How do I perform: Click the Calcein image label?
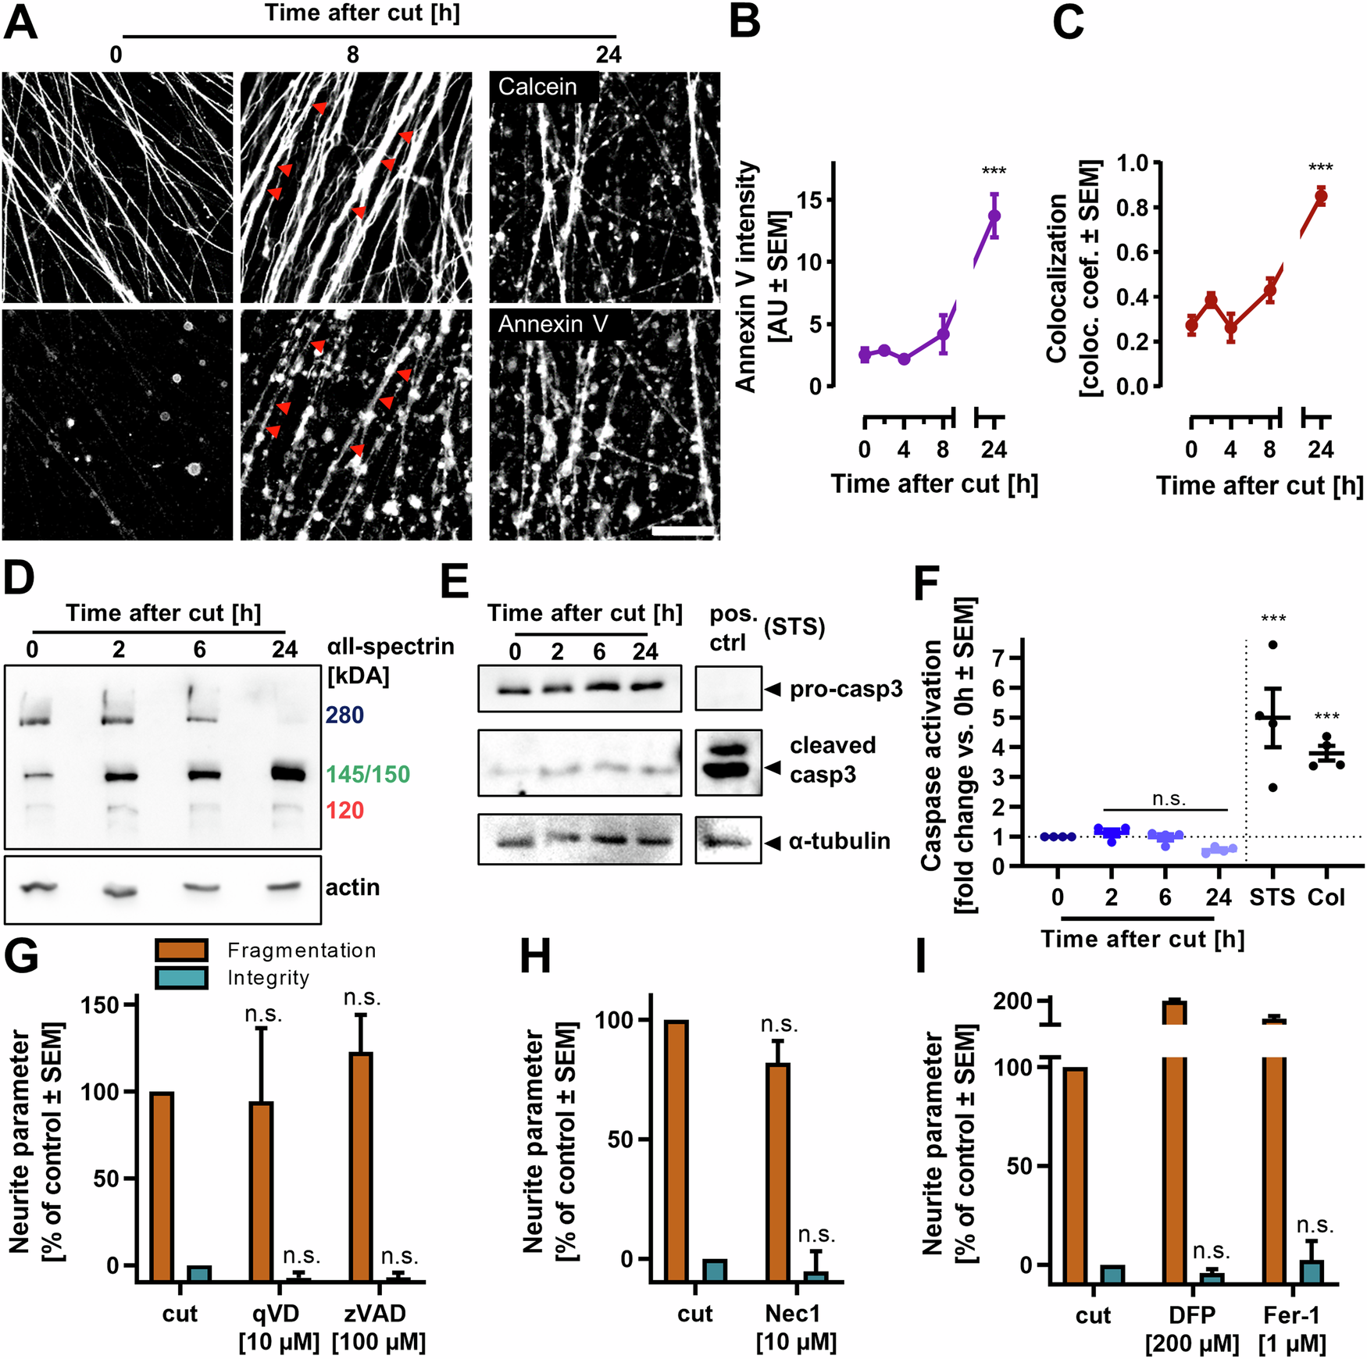(537, 87)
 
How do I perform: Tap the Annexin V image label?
(552, 324)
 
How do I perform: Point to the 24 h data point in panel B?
(994, 216)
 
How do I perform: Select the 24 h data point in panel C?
(1320, 196)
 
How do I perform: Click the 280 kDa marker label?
(344, 715)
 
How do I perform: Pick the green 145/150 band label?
(368, 774)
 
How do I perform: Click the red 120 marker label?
(344, 810)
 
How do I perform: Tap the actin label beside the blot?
(352, 887)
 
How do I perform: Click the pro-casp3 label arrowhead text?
(845, 689)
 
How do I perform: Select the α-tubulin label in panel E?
(839, 841)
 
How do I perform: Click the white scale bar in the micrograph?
(683, 532)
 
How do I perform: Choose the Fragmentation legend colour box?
(181, 950)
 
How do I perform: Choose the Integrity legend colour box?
(181, 978)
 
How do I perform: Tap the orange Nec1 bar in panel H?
(777, 1172)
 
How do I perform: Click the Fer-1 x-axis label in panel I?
(1291, 1315)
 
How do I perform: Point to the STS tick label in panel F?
(1272, 897)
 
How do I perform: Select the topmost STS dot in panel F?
(1272, 644)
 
